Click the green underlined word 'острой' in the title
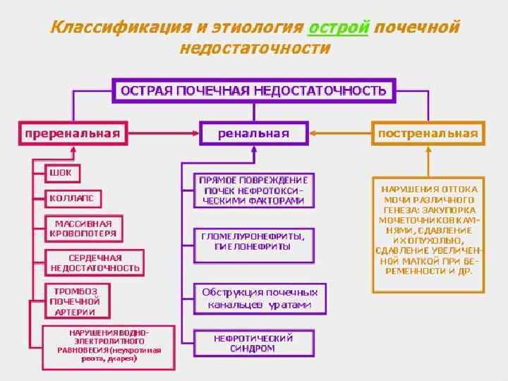[x=339, y=28]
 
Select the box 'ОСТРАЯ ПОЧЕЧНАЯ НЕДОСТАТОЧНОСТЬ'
[x=254, y=90]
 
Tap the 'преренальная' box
[x=73, y=133]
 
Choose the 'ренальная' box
[x=254, y=133]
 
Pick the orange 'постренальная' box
[x=428, y=133]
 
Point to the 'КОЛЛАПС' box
[x=72, y=198]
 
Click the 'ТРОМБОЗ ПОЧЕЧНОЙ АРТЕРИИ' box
[x=74, y=301]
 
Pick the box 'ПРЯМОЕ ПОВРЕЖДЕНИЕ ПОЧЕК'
[x=254, y=190]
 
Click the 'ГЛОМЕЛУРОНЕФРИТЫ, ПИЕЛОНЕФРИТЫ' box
[x=253, y=241]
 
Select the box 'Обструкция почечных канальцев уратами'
[x=260, y=298]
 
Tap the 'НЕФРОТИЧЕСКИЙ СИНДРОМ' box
[x=253, y=343]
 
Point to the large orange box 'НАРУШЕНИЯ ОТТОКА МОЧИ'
[x=428, y=234]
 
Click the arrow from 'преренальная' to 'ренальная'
[x=163, y=133]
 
